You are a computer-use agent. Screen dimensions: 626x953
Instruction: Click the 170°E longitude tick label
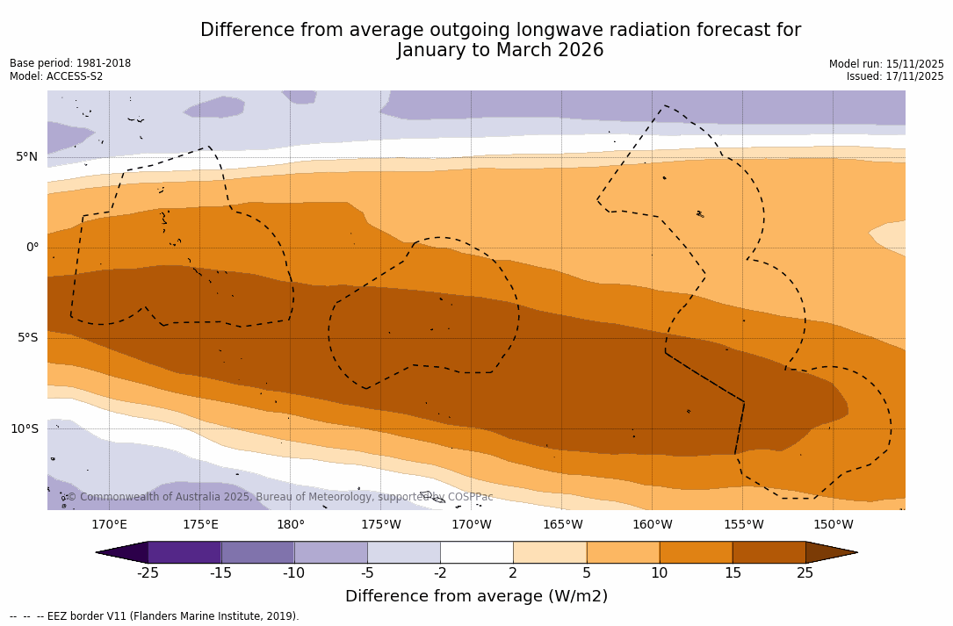point(109,525)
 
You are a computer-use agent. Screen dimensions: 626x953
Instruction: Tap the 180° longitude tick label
point(290,525)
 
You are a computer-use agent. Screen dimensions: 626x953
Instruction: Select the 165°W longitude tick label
point(562,525)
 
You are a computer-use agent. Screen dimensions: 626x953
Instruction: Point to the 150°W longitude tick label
point(833,525)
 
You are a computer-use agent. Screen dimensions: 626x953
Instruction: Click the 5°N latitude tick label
point(26,157)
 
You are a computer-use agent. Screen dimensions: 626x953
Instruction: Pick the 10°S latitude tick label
point(24,429)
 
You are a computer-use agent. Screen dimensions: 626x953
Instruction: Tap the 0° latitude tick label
point(32,248)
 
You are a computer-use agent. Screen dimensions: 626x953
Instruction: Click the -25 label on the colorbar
point(148,573)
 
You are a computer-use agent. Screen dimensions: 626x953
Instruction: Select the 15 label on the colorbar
point(732,573)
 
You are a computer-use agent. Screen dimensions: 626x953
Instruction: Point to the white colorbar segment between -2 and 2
point(476,552)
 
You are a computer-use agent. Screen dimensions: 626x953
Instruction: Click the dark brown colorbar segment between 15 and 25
point(769,552)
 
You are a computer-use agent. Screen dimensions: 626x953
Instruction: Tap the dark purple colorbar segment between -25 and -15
point(184,552)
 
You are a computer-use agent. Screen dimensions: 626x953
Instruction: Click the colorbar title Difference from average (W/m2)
point(476,597)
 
